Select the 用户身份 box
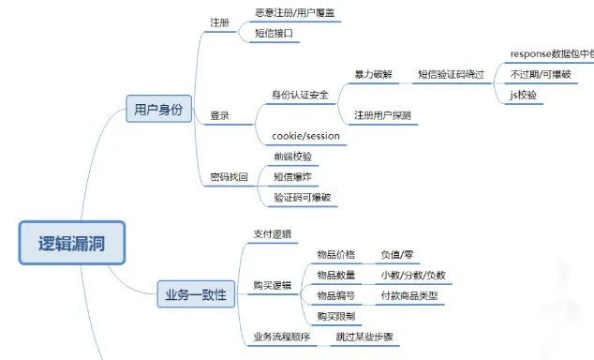tap(158, 111)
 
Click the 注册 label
tap(220, 22)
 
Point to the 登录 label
tap(220, 116)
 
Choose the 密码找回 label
tap(230, 176)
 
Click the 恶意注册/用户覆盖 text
tap(292, 13)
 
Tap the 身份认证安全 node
tap(300, 95)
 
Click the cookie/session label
tap(305, 136)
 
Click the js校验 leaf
tap(526, 95)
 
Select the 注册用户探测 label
tap(382, 115)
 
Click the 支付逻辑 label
tap(272, 232)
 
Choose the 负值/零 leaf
tap(399, 254)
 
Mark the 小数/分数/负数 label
tap(412, 275)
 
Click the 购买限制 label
tap(335, 316)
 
